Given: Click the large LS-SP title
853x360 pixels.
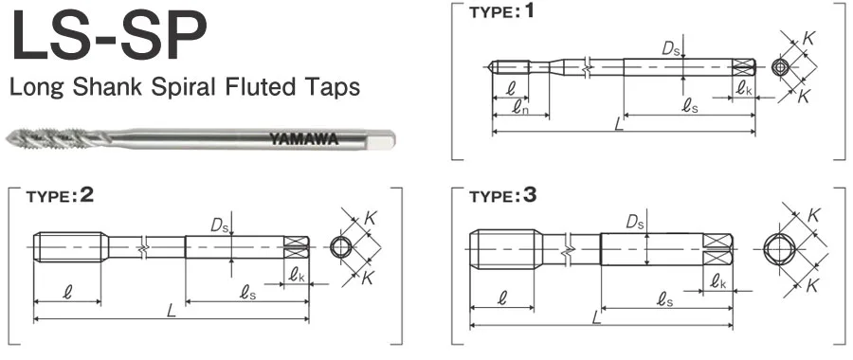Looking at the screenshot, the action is [109, 34].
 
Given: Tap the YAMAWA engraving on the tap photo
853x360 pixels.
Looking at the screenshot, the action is [304, 138].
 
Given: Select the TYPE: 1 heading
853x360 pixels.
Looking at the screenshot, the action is [502, 11].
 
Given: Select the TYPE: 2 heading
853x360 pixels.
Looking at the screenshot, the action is [60, 196].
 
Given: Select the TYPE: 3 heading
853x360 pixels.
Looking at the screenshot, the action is [502, 196].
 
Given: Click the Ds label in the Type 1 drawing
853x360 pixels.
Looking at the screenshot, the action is [671, 49].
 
